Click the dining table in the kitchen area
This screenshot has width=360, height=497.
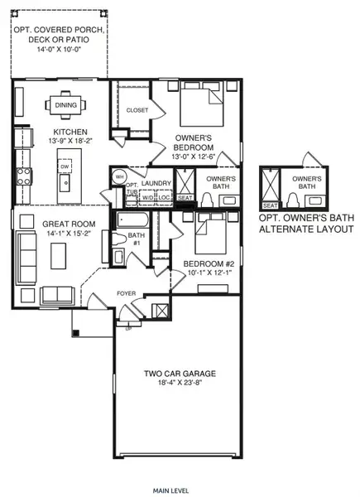coord(64,105)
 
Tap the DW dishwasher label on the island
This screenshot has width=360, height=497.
coord(64,166)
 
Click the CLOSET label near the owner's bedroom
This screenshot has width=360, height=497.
coord(137,110)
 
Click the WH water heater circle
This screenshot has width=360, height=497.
coord(118,176)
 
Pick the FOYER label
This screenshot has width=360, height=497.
coord(125,292)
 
